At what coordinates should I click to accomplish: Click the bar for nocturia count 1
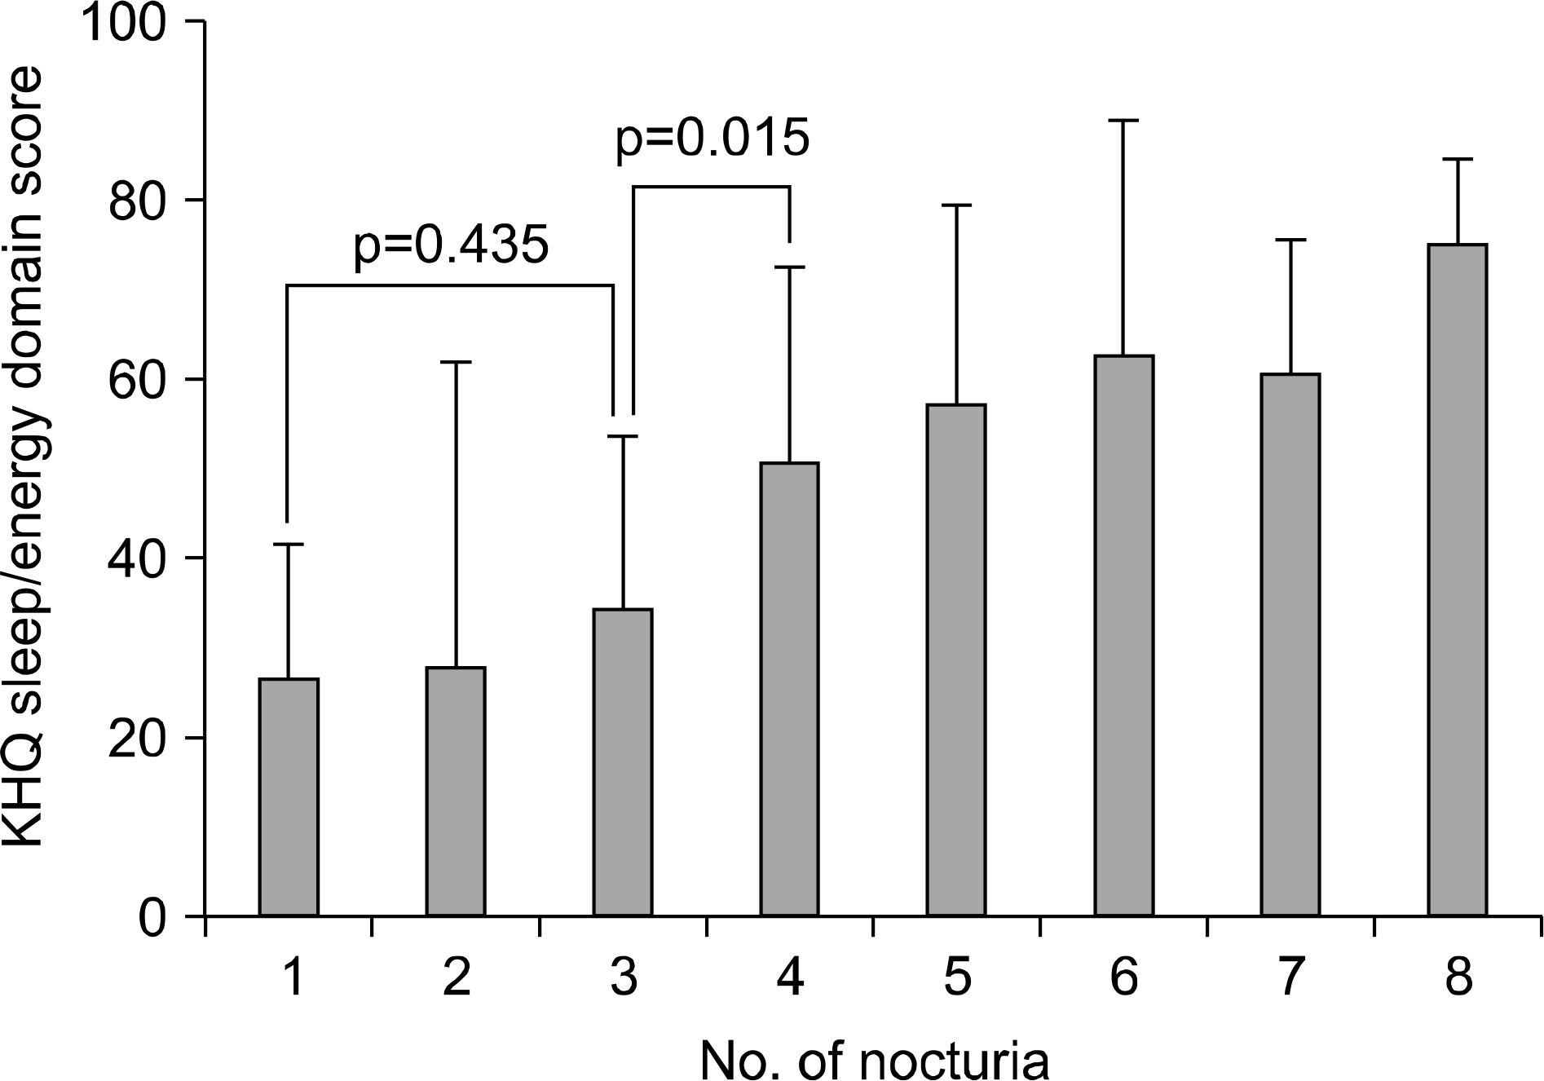click(x=288, y=796)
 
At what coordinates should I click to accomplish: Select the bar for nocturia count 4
click(x=789, y=689)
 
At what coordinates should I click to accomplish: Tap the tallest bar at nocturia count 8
click(x=1457, y=580)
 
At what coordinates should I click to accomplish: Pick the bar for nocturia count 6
click(x=1123, y=635)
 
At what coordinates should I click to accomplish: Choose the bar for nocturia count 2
click(x=455, y=791)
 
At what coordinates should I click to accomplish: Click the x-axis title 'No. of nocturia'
click(x=874, y=1057)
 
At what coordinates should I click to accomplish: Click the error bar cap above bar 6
click(x=1123, y=121)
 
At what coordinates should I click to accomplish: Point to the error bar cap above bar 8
click(x=1457, y=159)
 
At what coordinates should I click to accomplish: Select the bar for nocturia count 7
click(x=1290, y=644)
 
